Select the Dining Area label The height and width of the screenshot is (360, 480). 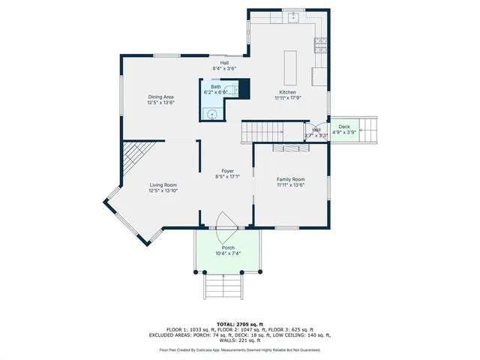161,97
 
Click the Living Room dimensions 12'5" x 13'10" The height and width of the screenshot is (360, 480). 163,190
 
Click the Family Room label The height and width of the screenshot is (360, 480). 290,179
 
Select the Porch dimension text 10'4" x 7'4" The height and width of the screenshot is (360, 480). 228,253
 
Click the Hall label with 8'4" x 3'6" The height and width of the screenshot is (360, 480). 224,65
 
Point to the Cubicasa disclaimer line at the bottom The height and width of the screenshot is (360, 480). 239,349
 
